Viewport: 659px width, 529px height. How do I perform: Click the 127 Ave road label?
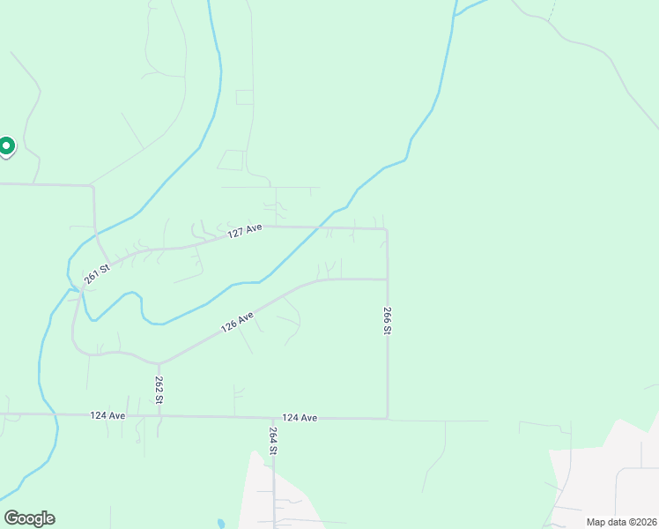tap(246, 231)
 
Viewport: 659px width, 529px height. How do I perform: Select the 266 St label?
tap(387, 320)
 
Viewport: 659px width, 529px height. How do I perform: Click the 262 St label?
tap(159, 390)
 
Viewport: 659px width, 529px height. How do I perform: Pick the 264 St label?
tap(273, 441)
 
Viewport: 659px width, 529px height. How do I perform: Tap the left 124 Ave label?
tap(107, 415)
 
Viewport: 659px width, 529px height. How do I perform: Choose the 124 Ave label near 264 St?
tap(300, 418)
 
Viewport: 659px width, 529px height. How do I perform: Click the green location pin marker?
tap(6, 145)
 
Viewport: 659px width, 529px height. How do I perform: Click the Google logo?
tap(29, 518)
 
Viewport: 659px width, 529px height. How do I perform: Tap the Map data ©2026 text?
tap(620, 522)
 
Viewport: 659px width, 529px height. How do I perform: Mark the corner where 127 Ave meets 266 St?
tap(387, 229)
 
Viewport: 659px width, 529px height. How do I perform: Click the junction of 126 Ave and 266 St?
tap(387, 279)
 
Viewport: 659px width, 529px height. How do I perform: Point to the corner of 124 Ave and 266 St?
tap(387, 419)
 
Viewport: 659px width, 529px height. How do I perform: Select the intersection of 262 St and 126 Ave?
tap(159, 363)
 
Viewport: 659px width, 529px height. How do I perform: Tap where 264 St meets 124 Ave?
tap(273, 418)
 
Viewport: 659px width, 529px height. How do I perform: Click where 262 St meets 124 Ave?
tap(159, 415)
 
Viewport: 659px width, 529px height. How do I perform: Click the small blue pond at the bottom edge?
tap(220, 523)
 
